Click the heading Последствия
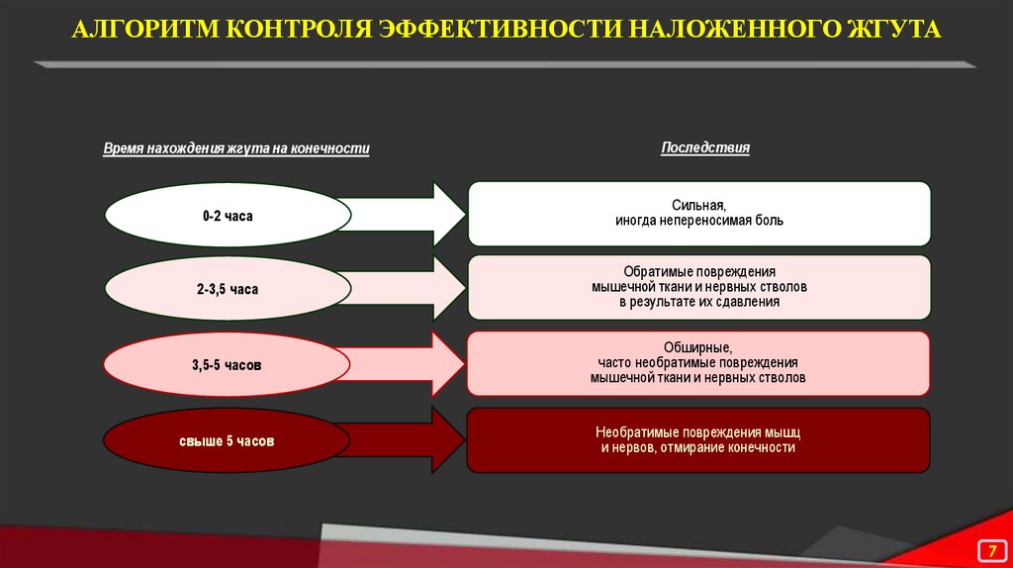point(705,148)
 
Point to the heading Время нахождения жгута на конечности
point(236,149)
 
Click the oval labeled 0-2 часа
point(229,215)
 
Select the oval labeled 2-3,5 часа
point(228,290)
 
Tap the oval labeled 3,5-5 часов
point(228,365)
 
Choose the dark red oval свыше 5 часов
point(228,439)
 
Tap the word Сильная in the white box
point(698,206)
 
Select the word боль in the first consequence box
point(768,221)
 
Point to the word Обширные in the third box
point(698,348)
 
